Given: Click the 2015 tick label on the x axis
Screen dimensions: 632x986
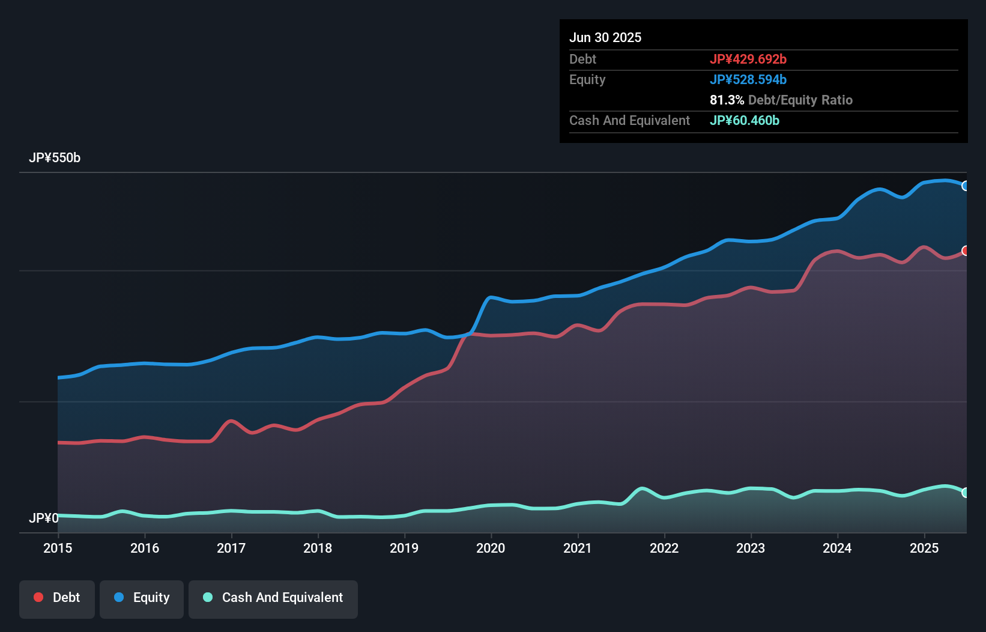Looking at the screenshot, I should point(58,548).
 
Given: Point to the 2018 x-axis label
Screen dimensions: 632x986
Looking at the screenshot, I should point(318,548).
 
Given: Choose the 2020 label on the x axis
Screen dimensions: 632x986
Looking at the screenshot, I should point(491,548).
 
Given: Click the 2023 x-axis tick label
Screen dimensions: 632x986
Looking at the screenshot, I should point(751,548).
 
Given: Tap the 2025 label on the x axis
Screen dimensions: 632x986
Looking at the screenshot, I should point(924,548).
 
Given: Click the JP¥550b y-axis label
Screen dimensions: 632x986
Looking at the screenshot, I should point(55,158).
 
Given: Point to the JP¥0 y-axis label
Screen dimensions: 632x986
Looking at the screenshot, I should point(44,518).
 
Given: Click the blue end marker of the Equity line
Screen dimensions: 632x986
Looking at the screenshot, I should point(966,186).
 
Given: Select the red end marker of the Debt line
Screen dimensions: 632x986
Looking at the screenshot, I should point(966,251).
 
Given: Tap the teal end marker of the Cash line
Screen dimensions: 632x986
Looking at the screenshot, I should point(966,493).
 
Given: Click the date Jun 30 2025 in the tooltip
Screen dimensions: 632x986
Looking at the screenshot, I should point(605,37).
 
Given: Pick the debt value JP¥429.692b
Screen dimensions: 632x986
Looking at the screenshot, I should point(748,59).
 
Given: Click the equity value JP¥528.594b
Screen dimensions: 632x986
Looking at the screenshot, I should point(748,79).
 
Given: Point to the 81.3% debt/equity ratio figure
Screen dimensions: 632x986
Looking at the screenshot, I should point(727,100).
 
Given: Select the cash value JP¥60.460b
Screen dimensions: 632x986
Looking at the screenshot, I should point(744,120).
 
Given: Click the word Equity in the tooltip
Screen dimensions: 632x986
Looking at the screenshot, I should point(587,79).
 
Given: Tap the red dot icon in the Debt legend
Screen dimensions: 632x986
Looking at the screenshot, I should point(38,597).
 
